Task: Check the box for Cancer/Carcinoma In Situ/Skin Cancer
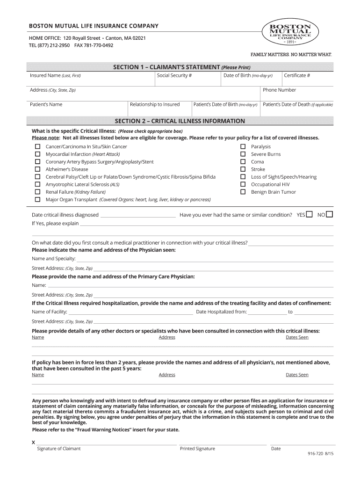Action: coord(37,147)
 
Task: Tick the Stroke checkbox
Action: coord(243,169)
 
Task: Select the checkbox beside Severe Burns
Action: coord(243,154)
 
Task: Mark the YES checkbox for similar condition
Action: coord(309,215)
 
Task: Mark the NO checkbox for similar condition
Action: coord(329,215)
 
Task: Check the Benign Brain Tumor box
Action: coord(243,192)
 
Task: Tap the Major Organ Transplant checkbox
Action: coord(37,200)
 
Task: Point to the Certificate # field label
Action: coord(297,75)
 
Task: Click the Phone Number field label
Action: coord(279,90)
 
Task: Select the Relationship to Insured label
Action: coord(155,104)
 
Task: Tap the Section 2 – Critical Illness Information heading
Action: coord(180,121)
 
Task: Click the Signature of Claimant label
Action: coord(59,449)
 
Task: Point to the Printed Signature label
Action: coord(197,449)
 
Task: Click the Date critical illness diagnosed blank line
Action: coord(138,216)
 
